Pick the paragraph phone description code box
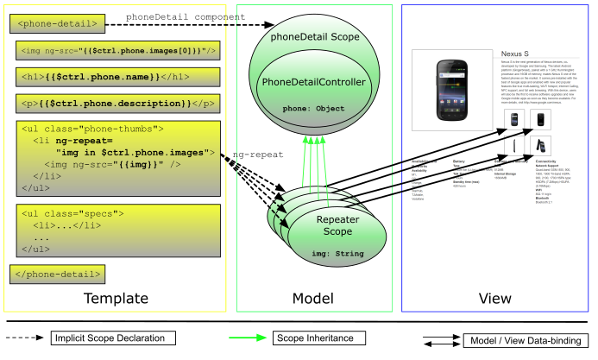coord(116,104)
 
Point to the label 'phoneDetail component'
coord(186,17)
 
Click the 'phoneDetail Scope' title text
coord(315,40)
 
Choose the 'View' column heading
coord(494,299)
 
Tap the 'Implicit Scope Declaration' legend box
coord(115,337)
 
